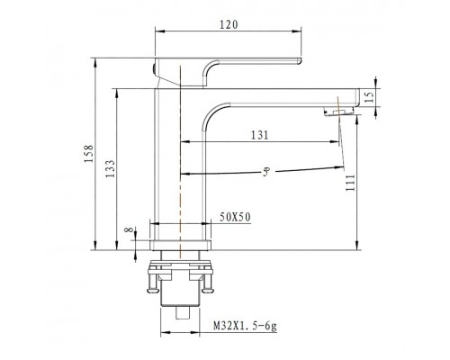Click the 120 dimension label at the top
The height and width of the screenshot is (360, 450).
(229, 24)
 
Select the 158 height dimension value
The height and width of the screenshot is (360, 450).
(89, 154)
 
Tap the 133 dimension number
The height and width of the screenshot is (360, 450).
(110, 168)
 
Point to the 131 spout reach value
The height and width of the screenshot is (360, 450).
(260, 135)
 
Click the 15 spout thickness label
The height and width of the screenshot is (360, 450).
(370, 97)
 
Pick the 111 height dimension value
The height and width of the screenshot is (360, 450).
(350, 183)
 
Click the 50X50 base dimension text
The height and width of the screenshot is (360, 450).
(235, 217)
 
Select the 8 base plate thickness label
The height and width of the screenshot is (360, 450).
(129, 229)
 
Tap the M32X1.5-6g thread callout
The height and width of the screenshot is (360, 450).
(245, 326)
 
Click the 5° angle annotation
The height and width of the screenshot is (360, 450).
(266, 172)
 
